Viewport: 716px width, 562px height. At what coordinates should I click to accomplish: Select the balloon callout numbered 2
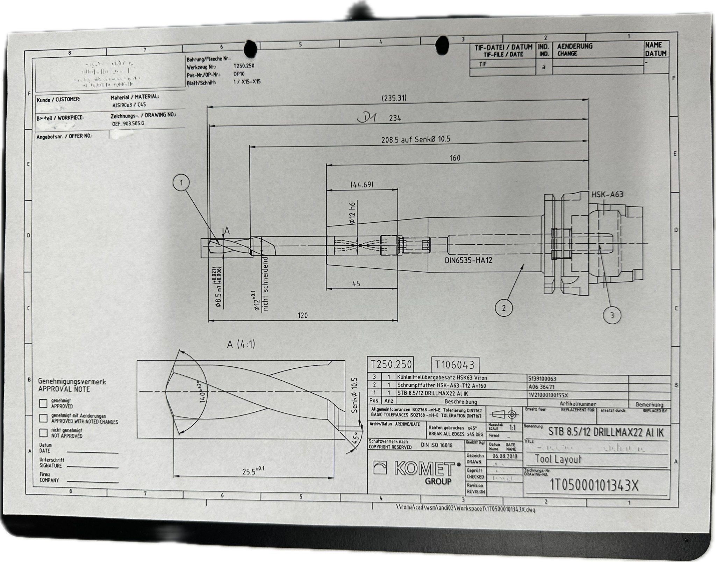503,308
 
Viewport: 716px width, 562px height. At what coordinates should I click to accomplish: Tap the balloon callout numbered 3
612,315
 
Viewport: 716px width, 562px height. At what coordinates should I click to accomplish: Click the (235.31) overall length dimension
394,98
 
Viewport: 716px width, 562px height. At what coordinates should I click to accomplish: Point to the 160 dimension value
454,158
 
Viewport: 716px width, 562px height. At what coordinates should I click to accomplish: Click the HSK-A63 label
607,194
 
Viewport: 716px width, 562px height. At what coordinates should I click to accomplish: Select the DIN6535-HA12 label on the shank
468,260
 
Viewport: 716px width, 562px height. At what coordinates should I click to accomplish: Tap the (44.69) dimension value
362,184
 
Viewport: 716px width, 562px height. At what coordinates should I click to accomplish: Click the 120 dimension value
302,315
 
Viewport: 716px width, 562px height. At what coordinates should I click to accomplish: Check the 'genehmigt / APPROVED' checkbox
43,403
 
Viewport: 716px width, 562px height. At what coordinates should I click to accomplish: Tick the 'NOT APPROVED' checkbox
43,433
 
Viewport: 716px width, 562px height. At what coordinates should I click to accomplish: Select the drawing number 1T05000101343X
594,485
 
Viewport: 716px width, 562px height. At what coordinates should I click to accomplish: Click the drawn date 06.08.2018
505,456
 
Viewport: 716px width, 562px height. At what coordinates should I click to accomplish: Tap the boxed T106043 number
455,365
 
